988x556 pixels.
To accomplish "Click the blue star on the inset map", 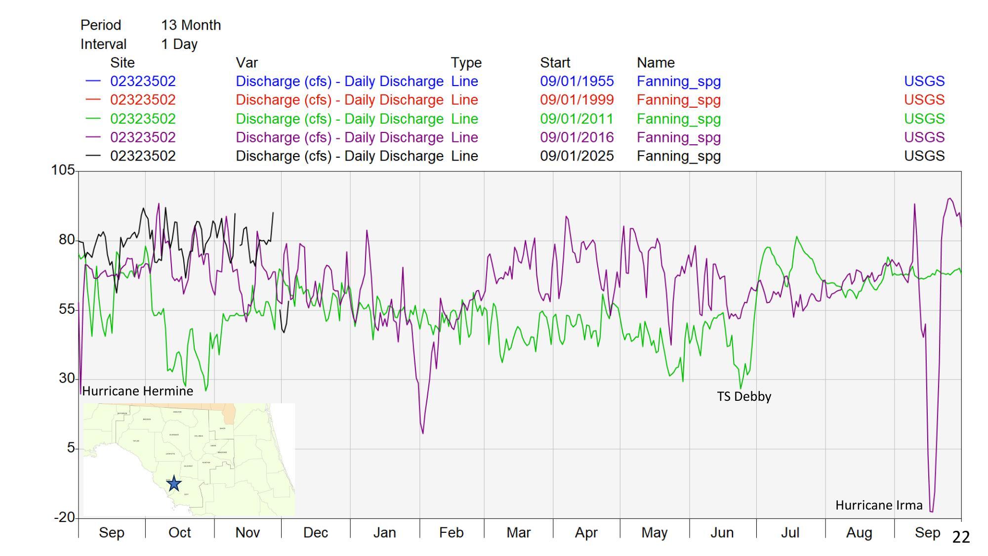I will point(174,483).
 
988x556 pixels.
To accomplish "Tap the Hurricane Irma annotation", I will point(879,505).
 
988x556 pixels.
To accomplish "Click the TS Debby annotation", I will point(744,396).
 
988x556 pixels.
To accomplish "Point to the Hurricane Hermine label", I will point(137,391).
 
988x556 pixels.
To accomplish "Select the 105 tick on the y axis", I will point(63,171).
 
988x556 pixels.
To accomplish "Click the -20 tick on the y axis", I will point(64,517).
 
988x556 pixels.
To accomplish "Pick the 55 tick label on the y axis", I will point(66,309).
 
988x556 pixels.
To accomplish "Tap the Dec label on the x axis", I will point(316,533).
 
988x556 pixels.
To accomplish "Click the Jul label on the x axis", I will point(790,533).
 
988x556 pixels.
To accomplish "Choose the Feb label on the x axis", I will point(451,533).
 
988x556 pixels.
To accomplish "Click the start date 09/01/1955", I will point(576,81).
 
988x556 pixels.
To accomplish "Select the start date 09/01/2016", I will point(576,137).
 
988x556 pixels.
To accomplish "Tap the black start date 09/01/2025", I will point(576,156).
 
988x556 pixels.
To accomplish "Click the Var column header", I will point(247,63).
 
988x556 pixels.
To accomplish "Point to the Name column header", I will point(656,63).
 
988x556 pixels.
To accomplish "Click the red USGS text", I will point(924,100).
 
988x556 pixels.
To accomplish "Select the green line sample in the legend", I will point(93,119).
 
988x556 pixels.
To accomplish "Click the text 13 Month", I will point(191,25).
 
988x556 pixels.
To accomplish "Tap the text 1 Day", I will point(179,44).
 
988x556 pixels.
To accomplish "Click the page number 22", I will point(961,537).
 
